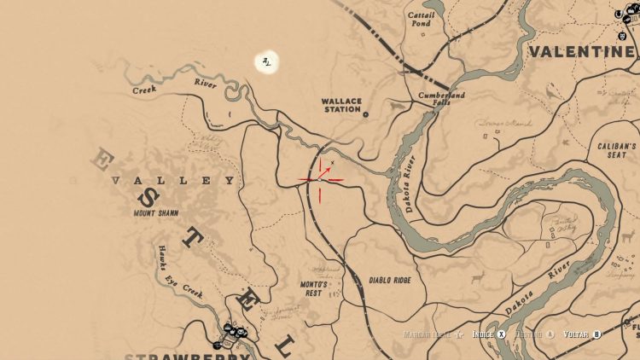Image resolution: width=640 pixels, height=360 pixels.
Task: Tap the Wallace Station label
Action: click(341, 105)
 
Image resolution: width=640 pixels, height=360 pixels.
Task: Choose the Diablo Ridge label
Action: click(391, 280)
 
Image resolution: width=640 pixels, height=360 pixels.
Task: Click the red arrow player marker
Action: click(323, 176)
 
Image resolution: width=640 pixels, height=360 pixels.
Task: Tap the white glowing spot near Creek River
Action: click(268, 61)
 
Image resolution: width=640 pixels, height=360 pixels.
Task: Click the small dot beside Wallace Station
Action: click(365, 113)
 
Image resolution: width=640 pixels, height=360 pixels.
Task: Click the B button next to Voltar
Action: click(596, 334)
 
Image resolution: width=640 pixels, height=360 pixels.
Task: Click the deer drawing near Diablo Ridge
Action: click(477, 276)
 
